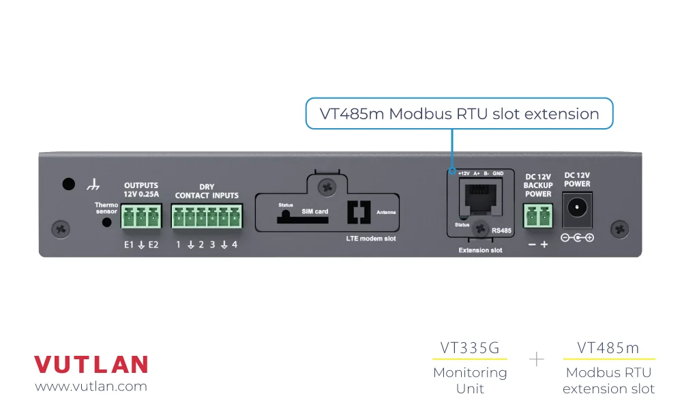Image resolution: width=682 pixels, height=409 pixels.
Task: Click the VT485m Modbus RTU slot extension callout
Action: (459, 114)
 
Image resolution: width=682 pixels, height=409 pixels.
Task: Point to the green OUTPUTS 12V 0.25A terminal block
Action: (141, 217)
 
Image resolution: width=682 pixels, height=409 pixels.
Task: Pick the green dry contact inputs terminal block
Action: (207, 217)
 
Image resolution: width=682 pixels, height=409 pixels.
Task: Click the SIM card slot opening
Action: (293, 218)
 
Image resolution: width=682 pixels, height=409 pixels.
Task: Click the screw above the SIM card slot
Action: (329, 185)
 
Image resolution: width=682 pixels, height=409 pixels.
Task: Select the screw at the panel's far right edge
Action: (619, 228)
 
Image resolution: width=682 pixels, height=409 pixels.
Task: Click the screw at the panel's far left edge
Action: (61, 228)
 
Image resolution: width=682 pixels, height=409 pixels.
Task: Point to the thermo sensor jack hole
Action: (106, 222)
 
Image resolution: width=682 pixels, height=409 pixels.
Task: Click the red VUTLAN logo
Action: (91, 364)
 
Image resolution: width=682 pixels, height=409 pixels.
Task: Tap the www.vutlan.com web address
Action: (91, 387)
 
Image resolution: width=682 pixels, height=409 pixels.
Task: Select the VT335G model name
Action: (470, 348)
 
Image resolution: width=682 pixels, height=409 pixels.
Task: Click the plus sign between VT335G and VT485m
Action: (537, 359)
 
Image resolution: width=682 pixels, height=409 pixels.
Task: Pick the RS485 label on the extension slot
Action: (501, 231)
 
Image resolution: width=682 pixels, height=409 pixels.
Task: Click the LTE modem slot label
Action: (370, 239)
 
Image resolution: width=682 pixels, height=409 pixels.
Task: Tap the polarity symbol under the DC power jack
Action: (577, 238)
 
